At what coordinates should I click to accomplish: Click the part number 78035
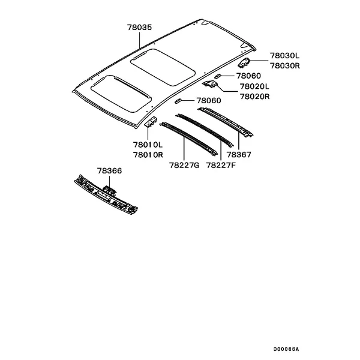click(140, 28)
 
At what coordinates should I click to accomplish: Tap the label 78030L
click(284, 56)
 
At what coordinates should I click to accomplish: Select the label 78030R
click(284, 65)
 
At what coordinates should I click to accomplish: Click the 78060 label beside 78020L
click(248, 76)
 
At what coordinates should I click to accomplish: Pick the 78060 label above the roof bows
click(209, 101)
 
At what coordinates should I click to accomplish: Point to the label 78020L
click(254, 86)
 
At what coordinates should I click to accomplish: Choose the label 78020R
click(254, 97)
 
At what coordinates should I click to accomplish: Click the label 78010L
click(148, 145)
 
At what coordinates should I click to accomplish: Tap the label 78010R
click(148, 155)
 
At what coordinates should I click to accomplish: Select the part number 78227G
click(184, 165)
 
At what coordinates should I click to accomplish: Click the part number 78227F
click(221, 165)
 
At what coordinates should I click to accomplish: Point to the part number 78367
click(239, 155)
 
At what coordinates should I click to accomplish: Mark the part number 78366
click(109, 171)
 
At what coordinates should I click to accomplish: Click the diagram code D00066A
click(286, 349)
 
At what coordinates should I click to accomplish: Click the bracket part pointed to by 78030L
click(244, 62)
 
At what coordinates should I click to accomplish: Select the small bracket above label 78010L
click(151, 122)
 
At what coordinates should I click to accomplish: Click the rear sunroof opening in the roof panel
click(163, 67)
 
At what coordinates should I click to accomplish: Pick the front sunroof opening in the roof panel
click(121, 94)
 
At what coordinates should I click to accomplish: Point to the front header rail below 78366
click(106, 194)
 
